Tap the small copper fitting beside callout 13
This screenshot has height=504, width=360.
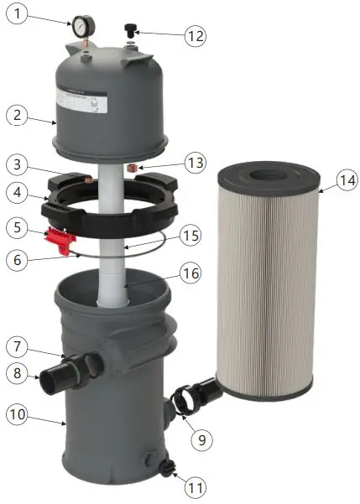click(131, 169)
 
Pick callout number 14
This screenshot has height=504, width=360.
click(345, 179)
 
